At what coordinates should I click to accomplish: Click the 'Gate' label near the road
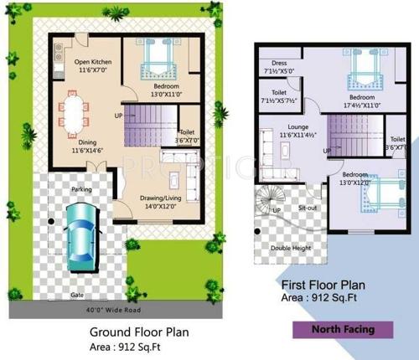pos(78,295)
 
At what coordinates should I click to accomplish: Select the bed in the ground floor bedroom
pos(157,59)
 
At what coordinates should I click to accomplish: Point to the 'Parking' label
pos(81,189)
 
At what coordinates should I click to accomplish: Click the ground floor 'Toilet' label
pos(188,132)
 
